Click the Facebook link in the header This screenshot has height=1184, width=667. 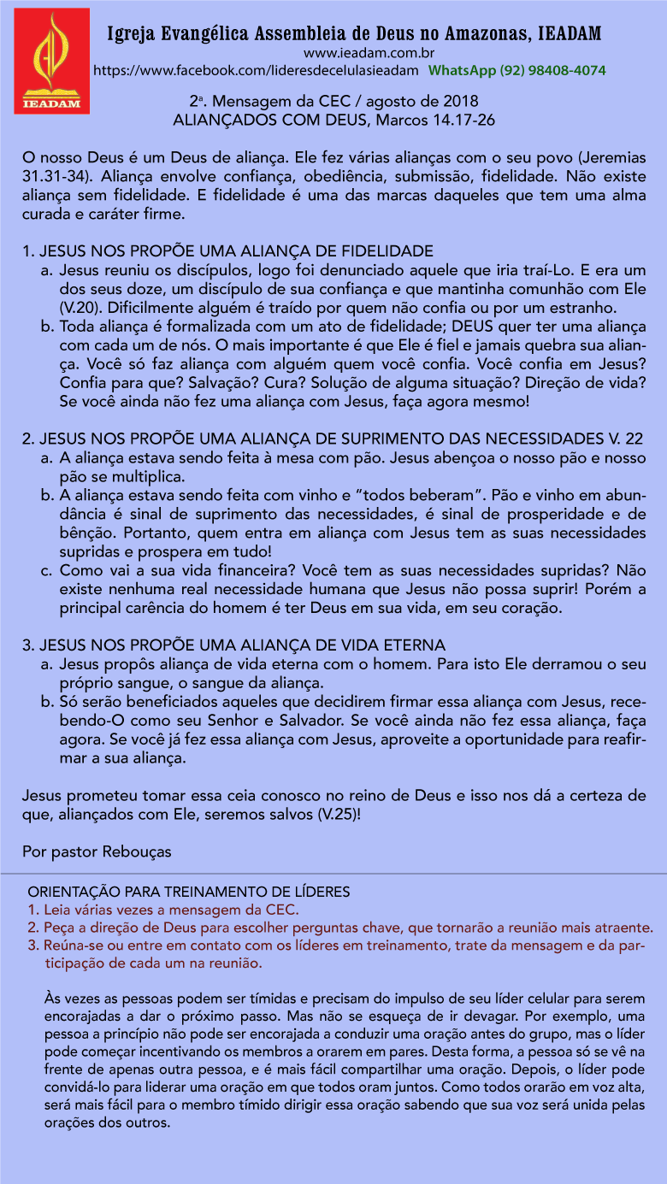point(256,69)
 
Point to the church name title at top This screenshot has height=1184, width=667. point(354,33)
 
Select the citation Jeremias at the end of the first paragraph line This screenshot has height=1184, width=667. point(611,159)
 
